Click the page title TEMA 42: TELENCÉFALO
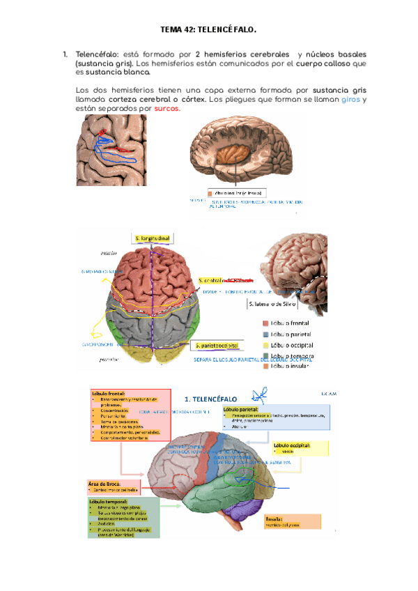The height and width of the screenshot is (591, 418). point(208,30)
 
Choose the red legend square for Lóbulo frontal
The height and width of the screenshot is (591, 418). point(266,323)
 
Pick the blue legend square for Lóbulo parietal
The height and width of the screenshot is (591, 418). point(266,334)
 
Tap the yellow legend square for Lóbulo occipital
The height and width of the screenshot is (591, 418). point(266,345)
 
